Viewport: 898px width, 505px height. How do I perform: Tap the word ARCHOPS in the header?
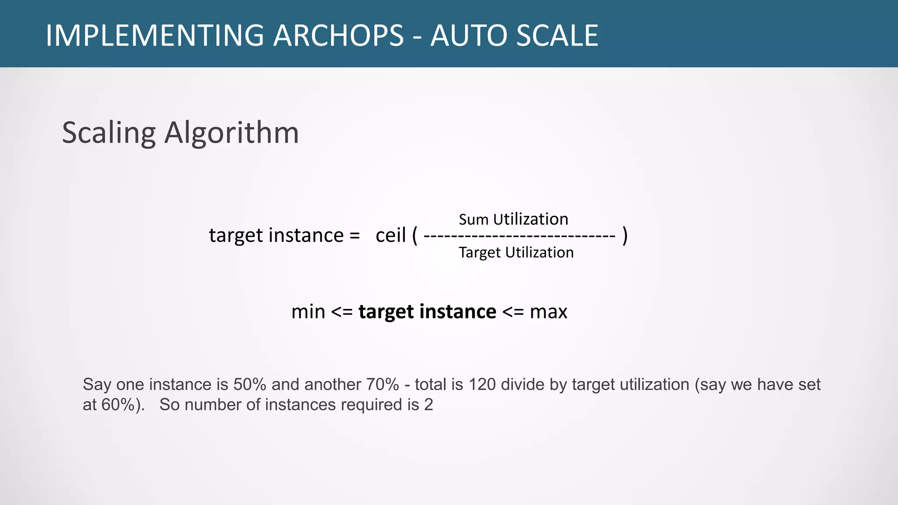coord(338,36)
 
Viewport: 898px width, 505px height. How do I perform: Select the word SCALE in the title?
coord(557,36)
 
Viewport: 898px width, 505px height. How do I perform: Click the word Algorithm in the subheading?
coord(232,132)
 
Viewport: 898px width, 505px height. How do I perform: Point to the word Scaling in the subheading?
coord(109,133)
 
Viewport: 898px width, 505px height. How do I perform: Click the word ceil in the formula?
coord(391,235)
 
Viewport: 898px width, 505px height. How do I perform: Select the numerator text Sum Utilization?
coord(513,219)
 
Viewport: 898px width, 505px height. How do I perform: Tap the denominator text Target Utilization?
coord(516,252)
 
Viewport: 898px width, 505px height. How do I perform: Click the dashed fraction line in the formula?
coord(520,236)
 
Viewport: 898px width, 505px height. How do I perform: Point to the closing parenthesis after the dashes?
coord(625,235)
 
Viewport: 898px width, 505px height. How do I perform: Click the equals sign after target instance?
coord(354,236)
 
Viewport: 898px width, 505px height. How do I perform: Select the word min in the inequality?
coord(308,312)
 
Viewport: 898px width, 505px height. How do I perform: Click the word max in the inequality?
coord(549,312)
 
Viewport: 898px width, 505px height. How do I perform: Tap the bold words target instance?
coord(427,312)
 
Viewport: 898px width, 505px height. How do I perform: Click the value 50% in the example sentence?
coord(250,384)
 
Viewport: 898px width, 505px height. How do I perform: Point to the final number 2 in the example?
coord(428,405)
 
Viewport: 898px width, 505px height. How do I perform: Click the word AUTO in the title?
coord(470,36)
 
